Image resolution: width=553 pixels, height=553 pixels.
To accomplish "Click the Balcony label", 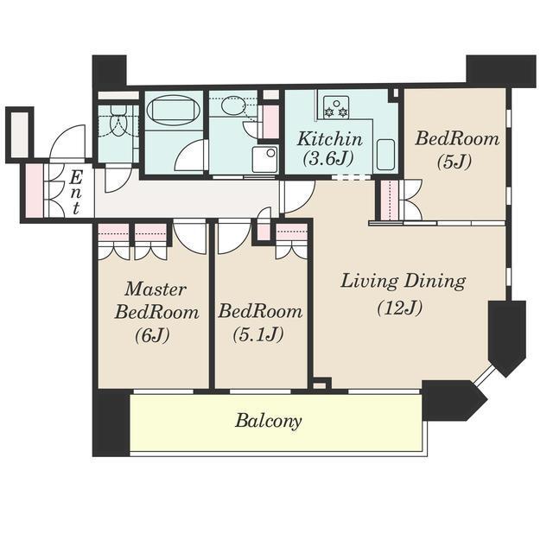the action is [x=269, y=421].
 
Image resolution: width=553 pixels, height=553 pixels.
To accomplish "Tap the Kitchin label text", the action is [x=329, y=139].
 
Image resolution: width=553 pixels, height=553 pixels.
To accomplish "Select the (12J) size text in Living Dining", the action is [x=399, y=308].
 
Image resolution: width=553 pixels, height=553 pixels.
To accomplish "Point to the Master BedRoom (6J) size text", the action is [x=152, y=334].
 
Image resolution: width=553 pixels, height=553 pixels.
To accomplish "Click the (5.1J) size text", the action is [x=258, y=334].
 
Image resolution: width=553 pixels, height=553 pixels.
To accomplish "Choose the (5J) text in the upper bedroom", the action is [x=454, y=162].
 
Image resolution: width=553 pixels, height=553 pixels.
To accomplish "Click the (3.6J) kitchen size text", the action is [x=328, y=158].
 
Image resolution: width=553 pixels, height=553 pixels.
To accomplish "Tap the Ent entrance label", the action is [x=75, y=192].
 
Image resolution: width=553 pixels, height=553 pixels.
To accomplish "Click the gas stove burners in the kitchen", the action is [x=336, y=107].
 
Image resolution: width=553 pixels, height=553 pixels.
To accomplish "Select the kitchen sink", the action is [x=385, y=154].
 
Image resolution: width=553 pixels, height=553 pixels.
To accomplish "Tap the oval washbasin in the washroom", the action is [x=232, y=105].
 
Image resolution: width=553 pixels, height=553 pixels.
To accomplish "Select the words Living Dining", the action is [x=404, y=282].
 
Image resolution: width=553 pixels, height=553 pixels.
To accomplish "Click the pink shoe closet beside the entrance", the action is [x=35, y=190].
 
